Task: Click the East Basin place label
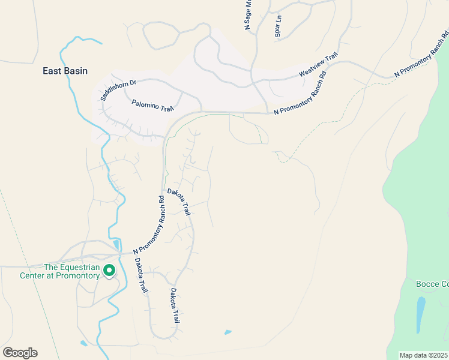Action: [x=65, y=71]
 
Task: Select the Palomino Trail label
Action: [x=152, y=105]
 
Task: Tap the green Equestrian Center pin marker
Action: [x=109, y=271]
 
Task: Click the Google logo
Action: [x=20, y=353]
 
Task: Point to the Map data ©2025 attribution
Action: [x=423, y=355]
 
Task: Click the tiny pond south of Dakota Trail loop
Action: [x=228, y=332]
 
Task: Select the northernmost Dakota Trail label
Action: [x=179, y=202]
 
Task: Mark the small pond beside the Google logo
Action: [x=83, y=343]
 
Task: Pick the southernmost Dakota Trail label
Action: [x=175, y=306]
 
